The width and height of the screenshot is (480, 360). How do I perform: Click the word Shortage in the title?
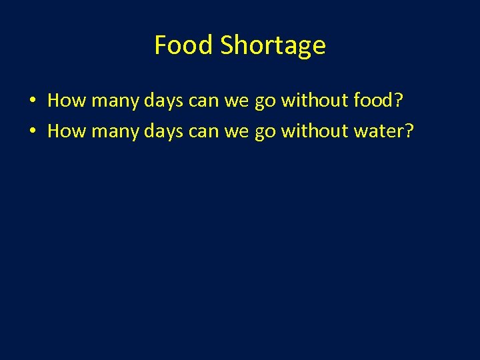point(273,45)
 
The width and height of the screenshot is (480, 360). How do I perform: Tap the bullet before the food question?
point(31,101)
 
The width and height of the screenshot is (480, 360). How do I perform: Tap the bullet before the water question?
point(31,131)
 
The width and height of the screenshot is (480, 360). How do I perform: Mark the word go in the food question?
point(265,101)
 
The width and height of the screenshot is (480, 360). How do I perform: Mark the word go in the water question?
point(265,132)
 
